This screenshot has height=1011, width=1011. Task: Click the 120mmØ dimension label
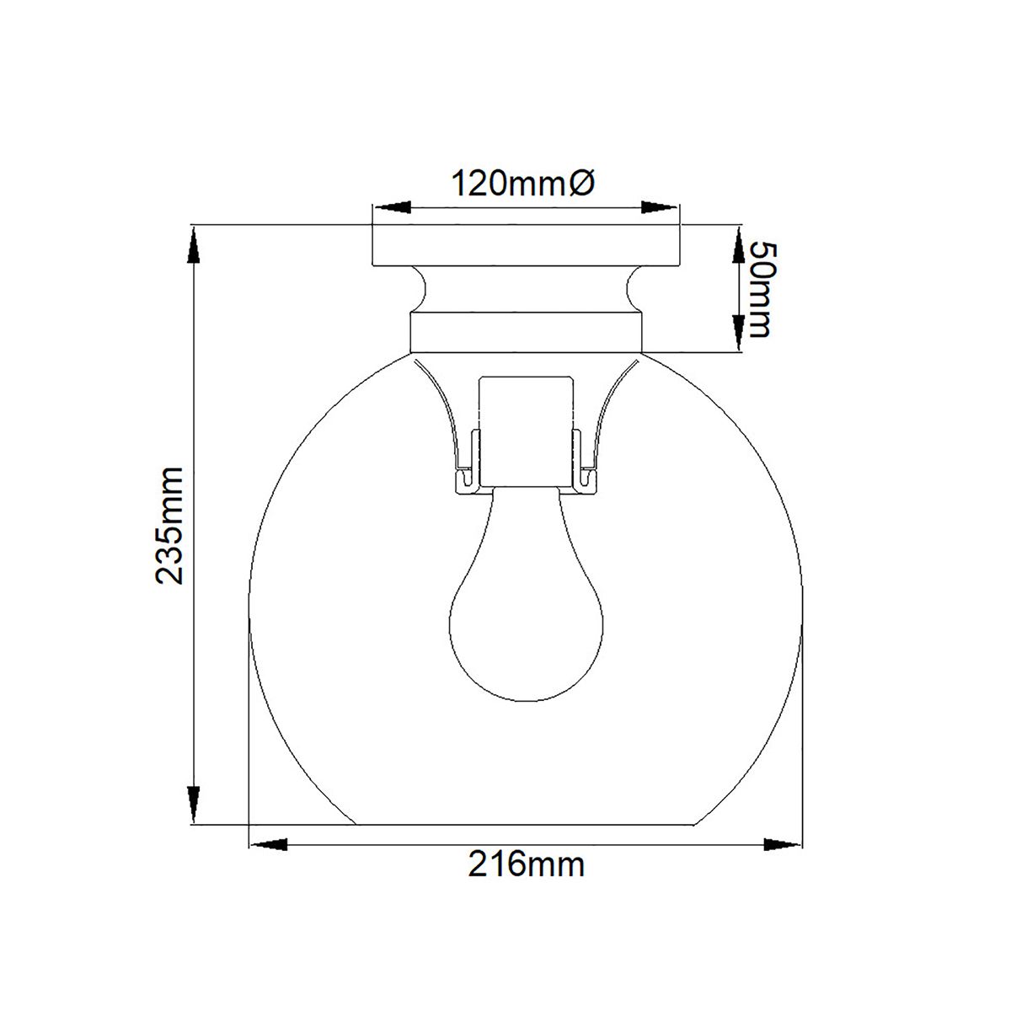pyautogui.click(x=524, y=183)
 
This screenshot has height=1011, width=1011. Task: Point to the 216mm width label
pyautogui.click(x=527, y=865)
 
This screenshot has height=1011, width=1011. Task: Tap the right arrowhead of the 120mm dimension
pyautogui.click(x=661, y=207)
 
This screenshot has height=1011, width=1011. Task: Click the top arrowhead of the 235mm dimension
pyautogui.click(x=194, y=245)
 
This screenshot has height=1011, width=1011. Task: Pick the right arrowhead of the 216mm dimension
pyautogui.click(x=781, y=843)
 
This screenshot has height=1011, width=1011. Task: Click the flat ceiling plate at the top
pyautogui.click(x=526, y=245)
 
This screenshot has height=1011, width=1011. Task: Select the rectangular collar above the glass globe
pyautogui.click(x=526, y=332)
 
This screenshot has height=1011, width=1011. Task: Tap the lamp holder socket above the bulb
pyautogui.click(x=527, y=430)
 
